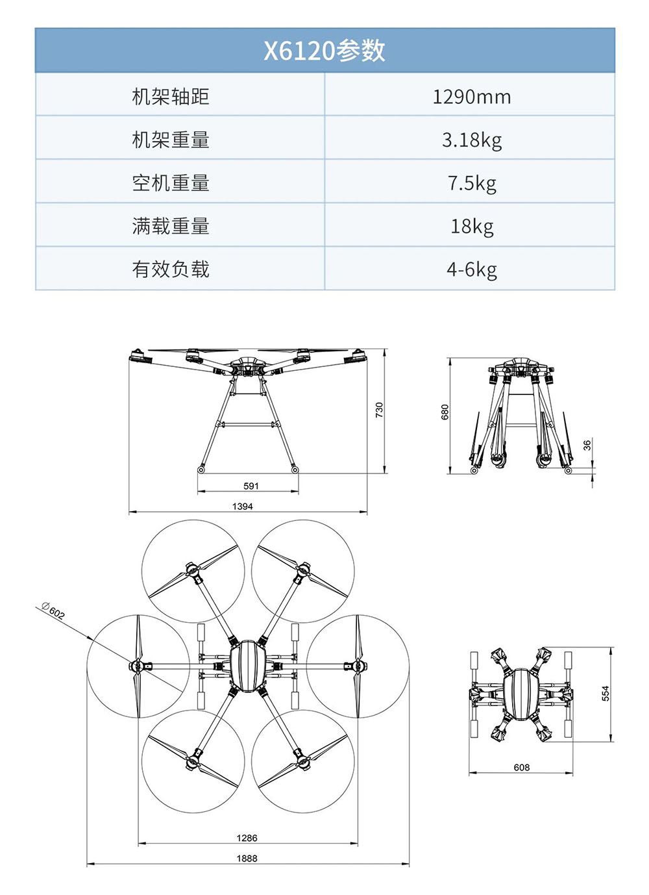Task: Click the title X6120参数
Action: click(x=324, y=51)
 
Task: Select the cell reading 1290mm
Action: click(x=472, y=97)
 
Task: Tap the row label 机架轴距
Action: click(x=171, y=97)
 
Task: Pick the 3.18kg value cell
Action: click(x=472, y=140)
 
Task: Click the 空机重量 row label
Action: click(x=171, y=183)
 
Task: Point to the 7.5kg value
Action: click(x=472, y=183)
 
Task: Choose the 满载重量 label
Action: click(x=171, y=226)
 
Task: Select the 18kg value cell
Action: click(x=472, y=226)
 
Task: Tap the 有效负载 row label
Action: click(x=171, y=269)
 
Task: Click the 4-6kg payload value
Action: click(x=472, y=269)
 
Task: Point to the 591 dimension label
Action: click(x=251, y=486)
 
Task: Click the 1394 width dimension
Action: click(x=243, y=506)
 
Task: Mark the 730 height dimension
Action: click(x=380, y=410)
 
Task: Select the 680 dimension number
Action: click(x=445, y=412)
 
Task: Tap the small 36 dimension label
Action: click(x=587, y=445)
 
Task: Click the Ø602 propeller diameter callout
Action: click(x=53, y=611)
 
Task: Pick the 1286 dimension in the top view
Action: click(x=247, y=838)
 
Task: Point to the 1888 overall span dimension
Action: click(x=247, y=858)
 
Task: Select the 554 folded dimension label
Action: click(x=606, y=693)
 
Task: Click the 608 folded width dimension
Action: click(x=522, y=767)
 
